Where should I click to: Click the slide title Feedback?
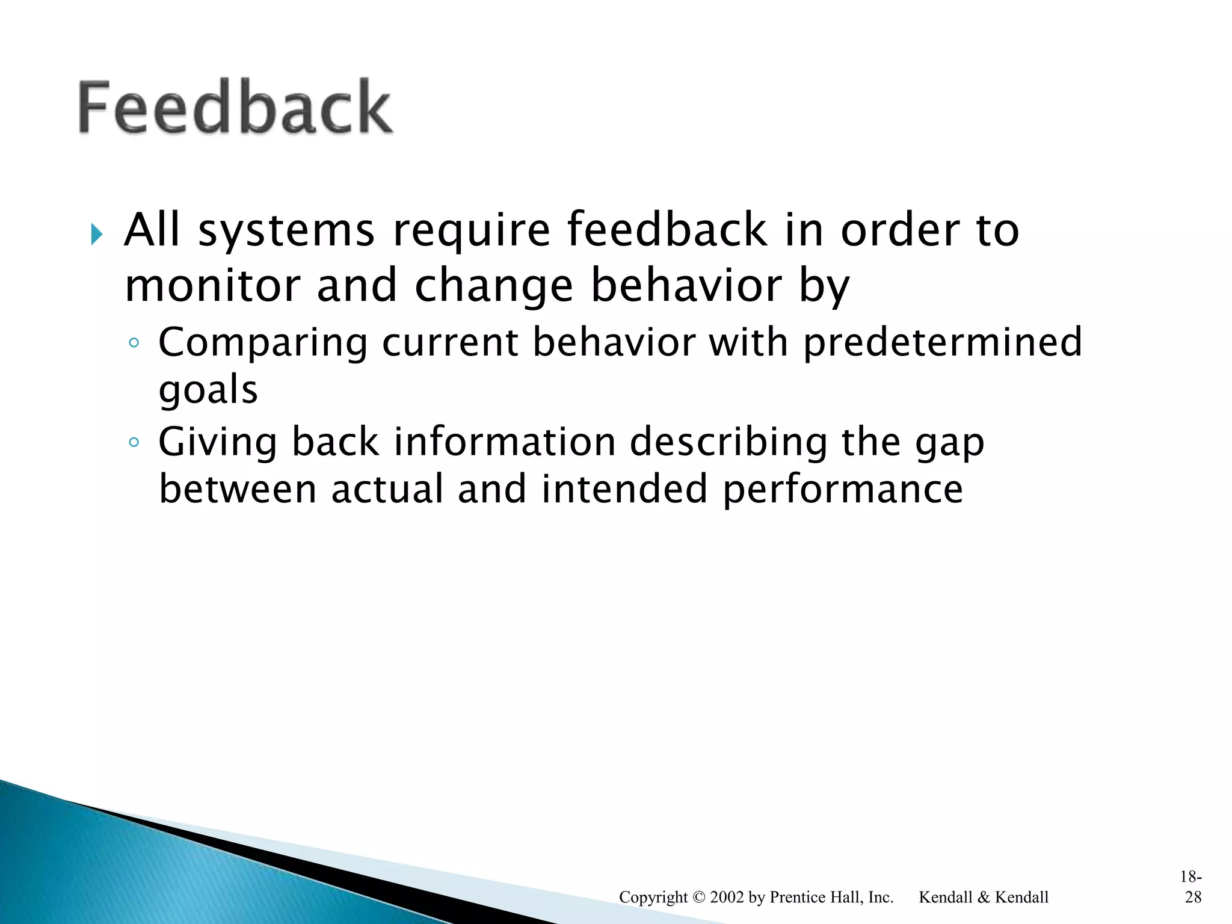click(x=235, y=107)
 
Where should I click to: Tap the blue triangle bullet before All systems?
click(x=97, y=234)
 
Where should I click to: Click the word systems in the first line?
click(x=286, y=230)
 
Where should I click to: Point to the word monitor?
click(x=212, y=285)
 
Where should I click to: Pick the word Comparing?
click(x=262, y=343)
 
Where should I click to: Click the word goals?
click(x=208, y=390)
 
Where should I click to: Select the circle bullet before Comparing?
click(x=134, y=343)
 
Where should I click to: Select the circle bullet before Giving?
click(x=134, y=443)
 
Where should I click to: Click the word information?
click(x=505, y=442)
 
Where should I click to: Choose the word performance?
click(x=842, y=490)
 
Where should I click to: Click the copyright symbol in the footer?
click(x=698, y=897)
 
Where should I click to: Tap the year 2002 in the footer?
click(x=727, y=897)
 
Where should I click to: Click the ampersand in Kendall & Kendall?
click(x=983, y=897)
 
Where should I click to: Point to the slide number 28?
click(x=1193, y=897)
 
